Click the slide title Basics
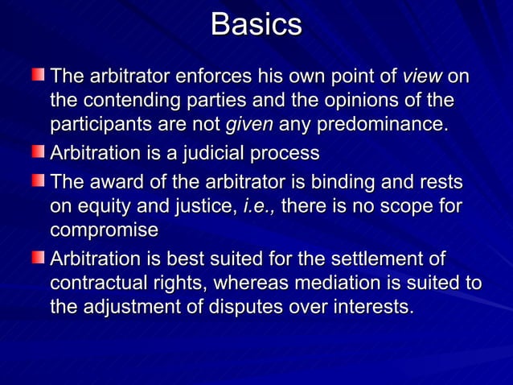click(256, 25)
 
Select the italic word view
click(421, 77)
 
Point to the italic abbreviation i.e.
click(259, 206)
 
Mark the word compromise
click(105, 230)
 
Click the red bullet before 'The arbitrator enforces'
click(39, 76)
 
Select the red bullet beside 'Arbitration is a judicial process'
click(39, 151)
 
